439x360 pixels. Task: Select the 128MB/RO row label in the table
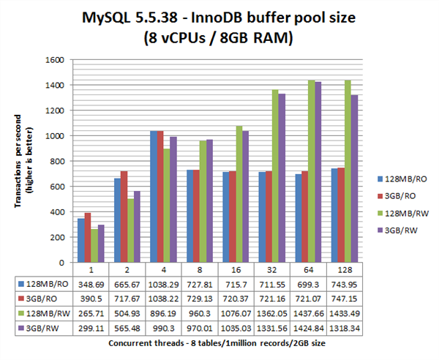click(45, 283)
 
